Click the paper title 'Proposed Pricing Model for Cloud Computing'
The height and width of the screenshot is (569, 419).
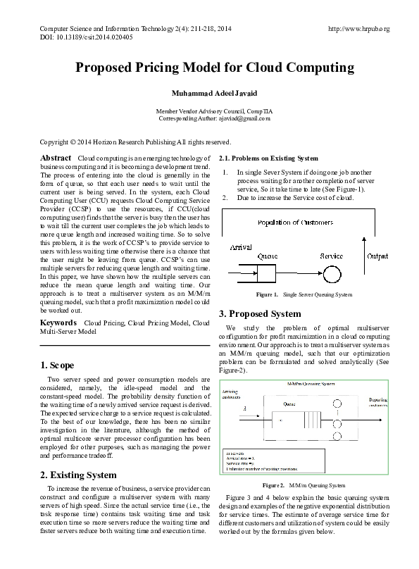coord(209,68)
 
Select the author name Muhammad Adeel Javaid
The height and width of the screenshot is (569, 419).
coord(209,94)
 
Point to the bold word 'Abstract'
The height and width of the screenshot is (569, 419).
coord(56,158)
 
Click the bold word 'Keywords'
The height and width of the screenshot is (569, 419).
coord(58,322)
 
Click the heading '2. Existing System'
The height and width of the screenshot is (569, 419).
coord(77,475)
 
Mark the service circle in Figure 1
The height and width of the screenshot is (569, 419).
coord(332,273)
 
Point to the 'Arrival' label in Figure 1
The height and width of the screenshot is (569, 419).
coord(241,249)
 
